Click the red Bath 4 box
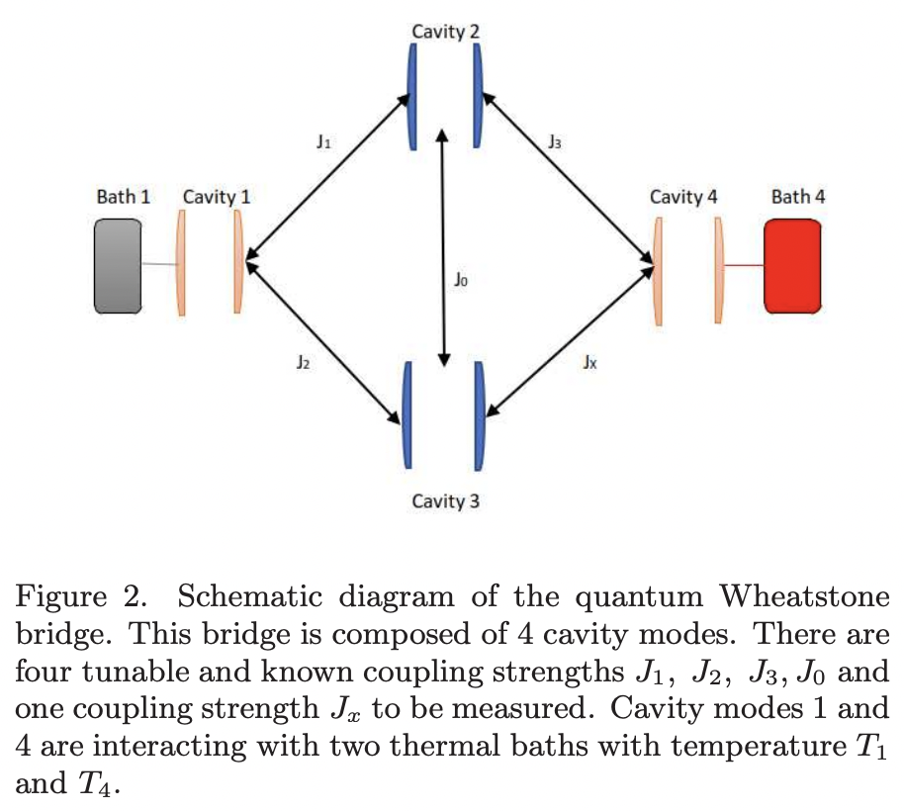pos(793,266)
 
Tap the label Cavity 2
pos(446,32)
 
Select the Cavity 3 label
pos(446,501)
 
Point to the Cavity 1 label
pos(216,196)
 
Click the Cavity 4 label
pos(683,196)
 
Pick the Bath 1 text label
pos(124,196)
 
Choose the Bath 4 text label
pos(798,196)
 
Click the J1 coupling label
pos(323,142)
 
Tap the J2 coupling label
pos(304,363)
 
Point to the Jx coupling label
pos(589,363)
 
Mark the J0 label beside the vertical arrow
pos(461,281)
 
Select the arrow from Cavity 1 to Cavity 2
pos(328,178)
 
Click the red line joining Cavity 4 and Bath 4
pos(744,266)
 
